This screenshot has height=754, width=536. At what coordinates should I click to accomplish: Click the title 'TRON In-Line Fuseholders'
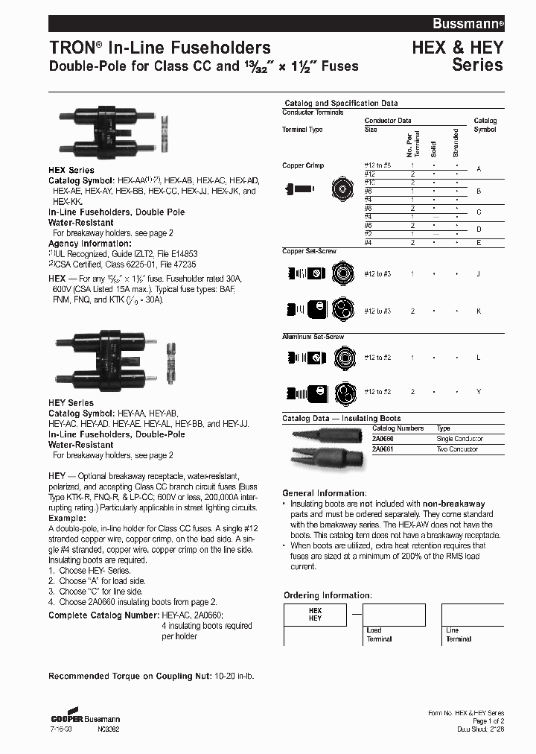coord(159,48)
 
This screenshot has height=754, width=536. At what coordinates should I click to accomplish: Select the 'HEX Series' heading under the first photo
coord(71,171)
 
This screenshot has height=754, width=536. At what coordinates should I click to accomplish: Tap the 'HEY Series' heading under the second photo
coord(71,403)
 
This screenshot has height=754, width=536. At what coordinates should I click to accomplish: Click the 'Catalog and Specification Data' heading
coord(341,104)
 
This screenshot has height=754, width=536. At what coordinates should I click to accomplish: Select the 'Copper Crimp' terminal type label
coord(303,165)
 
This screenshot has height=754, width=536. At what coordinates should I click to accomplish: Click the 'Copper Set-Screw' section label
coord(309,251)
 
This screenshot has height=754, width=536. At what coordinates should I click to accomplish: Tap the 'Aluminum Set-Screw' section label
coord(313,338)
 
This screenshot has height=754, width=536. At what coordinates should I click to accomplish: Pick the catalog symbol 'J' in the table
coord(478,274)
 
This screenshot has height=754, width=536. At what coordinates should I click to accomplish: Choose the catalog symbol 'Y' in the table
coord(478,392)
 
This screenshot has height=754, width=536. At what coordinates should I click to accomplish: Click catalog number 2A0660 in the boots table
coord(384,439)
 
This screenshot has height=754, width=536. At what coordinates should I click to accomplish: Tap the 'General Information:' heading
coord(324,493)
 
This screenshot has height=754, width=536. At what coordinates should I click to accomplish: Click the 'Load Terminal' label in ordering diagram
coord(379,634)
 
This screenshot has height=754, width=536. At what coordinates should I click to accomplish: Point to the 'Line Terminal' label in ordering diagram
coord(458,634)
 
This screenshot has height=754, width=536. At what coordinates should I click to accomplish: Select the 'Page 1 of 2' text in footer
coord(487,721)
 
